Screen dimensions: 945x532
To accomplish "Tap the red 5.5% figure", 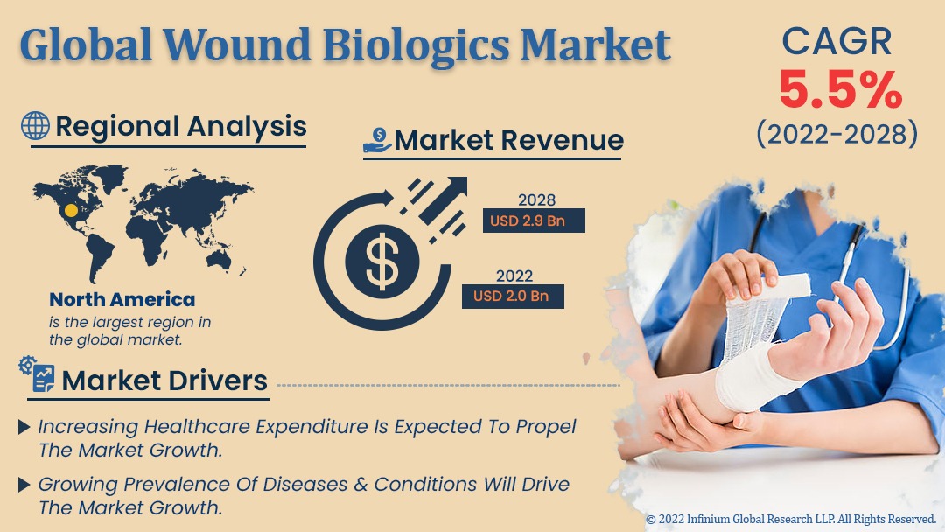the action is [841, 90].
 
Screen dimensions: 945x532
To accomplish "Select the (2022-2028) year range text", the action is [837, 133].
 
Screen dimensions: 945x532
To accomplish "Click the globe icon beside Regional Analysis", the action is [35, 126].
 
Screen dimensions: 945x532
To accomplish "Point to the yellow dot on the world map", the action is [71, 210].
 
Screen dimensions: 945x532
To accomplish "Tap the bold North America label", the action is [122, 299].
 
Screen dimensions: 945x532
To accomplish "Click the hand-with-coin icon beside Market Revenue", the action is [377, 140].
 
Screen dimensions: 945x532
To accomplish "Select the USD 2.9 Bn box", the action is [534, 220].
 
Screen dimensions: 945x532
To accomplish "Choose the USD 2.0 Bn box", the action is [513, 297].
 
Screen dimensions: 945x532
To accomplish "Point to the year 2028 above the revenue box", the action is [536, 200].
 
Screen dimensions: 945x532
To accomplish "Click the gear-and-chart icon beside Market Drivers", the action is [37, 374].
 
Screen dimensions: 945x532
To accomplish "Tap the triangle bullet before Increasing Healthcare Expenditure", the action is [24, 427].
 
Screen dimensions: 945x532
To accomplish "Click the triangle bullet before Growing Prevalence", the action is [24, 485].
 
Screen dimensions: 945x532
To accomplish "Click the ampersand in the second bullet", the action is [360, 485].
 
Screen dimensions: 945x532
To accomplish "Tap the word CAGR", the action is [836, 41].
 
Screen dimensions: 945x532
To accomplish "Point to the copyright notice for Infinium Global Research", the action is [791, 520].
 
